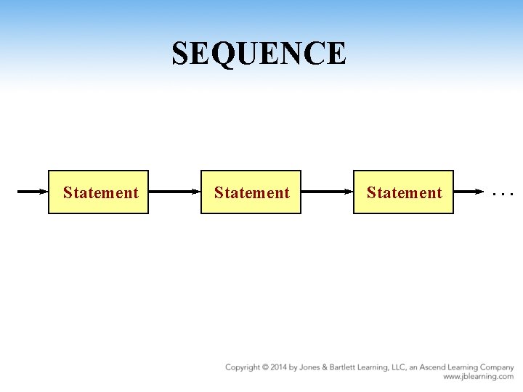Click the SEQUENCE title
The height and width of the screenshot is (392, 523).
point(259,53)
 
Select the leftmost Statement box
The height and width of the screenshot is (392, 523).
point(98,192)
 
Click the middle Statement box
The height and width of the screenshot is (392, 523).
point(251,192)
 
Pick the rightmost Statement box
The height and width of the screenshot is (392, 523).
point(403,192)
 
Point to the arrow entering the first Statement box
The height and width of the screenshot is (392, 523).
point(33,192)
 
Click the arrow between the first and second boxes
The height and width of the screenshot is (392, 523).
point(174,192)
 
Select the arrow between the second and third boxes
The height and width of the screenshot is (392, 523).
point(327,192)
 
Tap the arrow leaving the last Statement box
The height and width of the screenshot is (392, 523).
point(469,192)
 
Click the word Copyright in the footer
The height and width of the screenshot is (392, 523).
point(243,368)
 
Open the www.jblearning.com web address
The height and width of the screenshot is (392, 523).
point(479,377)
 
